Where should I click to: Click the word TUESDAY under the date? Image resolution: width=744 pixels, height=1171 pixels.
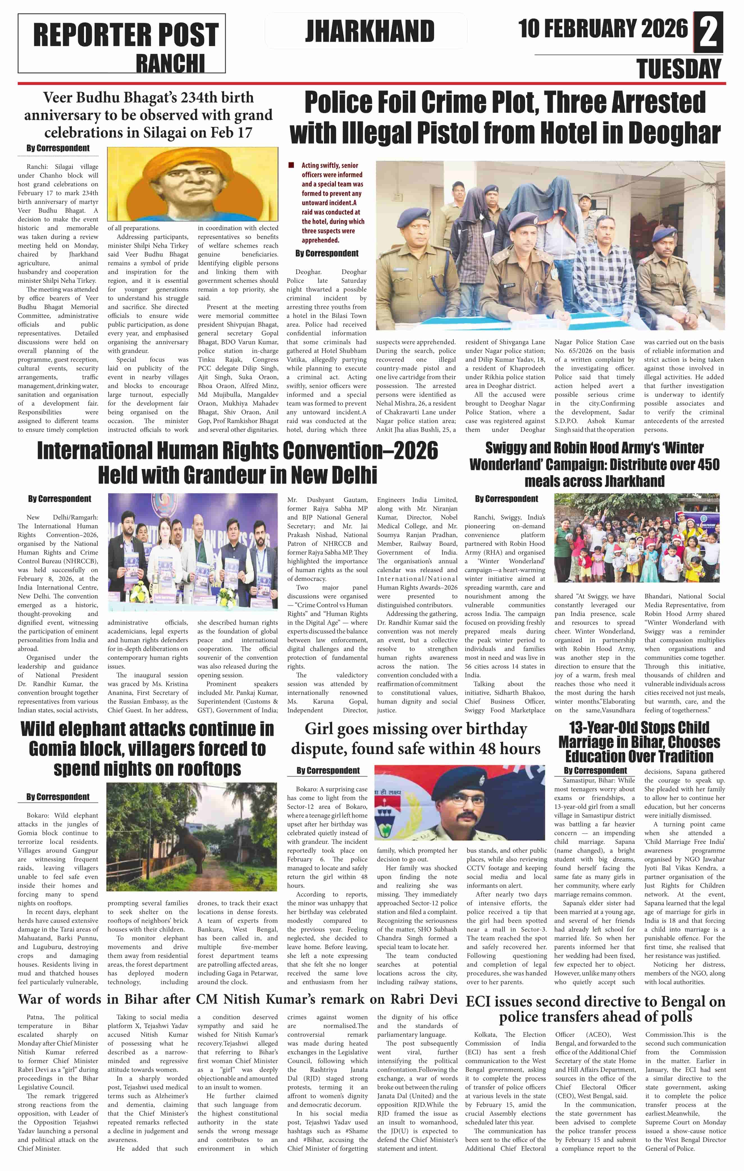(679, 69)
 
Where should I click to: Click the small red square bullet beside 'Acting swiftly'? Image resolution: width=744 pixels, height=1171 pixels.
(291, 165)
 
